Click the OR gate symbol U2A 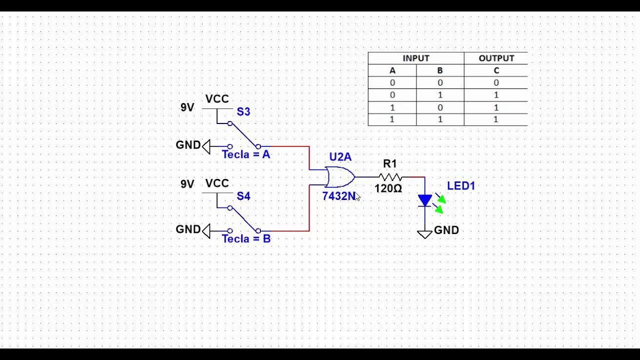340,177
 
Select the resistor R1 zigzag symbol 390,177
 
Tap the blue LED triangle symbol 425,200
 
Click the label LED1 461,186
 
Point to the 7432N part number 339,196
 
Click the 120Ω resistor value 388,188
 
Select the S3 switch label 243,111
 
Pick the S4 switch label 243,196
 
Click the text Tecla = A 246,154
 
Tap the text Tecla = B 246,239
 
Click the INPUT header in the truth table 416,58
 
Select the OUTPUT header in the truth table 496,58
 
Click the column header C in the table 496,70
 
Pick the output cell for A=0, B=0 496,83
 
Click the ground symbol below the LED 424,234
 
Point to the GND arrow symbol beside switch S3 206,146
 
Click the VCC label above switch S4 217,183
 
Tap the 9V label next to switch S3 187,107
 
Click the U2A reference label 340,157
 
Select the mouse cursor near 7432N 357,197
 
